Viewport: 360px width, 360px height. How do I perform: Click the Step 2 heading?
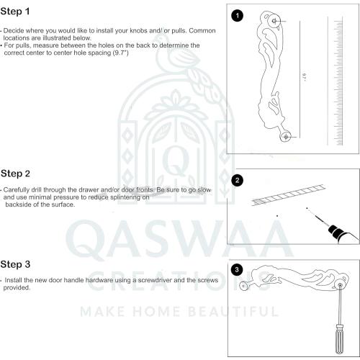(15, 174)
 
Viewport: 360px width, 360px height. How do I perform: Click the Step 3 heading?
(15, 264)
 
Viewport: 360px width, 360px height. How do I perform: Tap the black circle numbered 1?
(238, 15)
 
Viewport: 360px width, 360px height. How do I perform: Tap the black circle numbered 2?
(238, 180)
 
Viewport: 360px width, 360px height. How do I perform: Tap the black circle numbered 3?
(238, 270)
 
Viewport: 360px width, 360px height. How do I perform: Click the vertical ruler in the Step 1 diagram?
(338, 79)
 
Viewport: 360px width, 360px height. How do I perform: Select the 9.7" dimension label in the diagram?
(305, 76)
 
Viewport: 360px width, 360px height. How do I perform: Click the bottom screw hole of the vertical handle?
(287, 136)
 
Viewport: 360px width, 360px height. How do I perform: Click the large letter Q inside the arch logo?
(173, 156)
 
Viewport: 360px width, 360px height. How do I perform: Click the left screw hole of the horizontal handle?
(244, 287)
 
